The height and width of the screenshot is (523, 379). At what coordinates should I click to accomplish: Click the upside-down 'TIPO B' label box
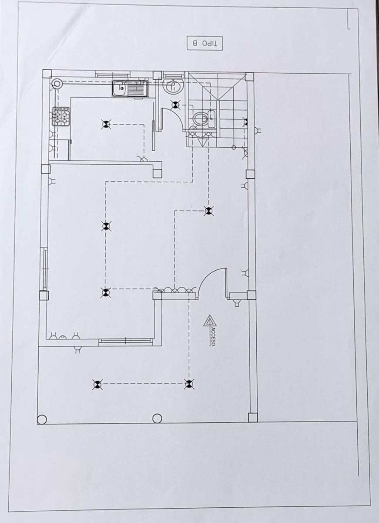pos(205,43)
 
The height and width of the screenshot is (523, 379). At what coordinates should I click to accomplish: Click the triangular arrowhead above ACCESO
pos(210,321)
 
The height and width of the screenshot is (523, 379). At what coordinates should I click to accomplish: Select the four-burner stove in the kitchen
pos(61,117)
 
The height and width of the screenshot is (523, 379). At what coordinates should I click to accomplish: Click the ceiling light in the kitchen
pos(106,124)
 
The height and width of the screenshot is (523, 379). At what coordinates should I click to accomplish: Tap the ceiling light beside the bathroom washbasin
pos(175,105)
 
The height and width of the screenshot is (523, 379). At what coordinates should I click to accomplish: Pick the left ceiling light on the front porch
pos(97,384)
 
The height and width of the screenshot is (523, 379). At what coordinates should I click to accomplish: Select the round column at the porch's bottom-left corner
pos(42,419)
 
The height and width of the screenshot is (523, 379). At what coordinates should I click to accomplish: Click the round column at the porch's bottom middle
pos(157,418)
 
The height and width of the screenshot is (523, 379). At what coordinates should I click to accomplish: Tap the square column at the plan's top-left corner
pos(47,74)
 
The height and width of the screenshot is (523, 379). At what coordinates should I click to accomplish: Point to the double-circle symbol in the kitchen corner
pos(57,83)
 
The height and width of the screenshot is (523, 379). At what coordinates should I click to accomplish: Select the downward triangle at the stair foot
pos(202,142)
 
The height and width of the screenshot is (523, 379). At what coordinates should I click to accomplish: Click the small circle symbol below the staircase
pos(234,147)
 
